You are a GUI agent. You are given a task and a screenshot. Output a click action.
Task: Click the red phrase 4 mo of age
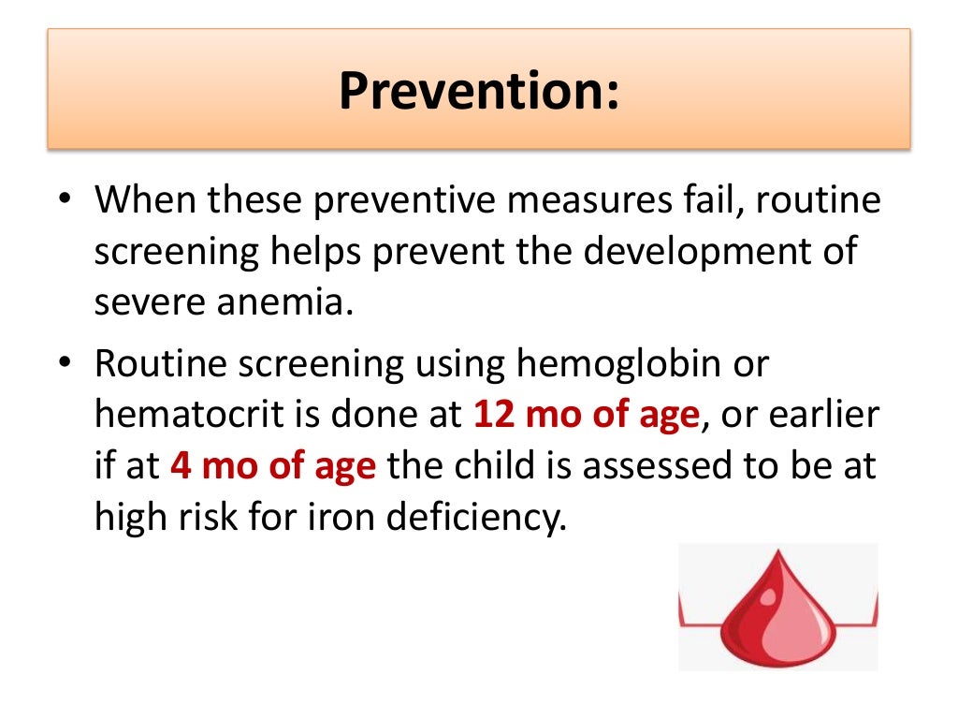tap(273, 465)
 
